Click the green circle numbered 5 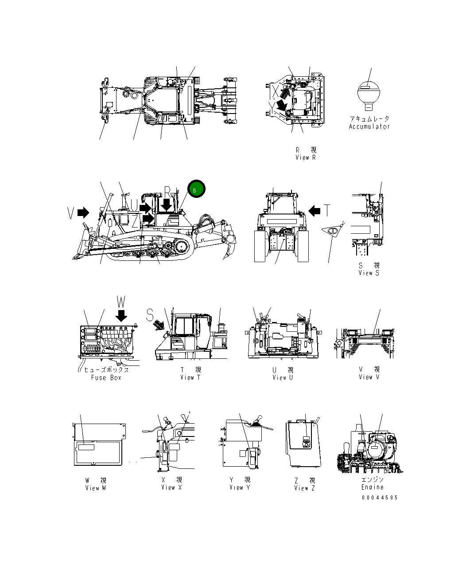click(196, 189)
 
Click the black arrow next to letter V click(83, 213)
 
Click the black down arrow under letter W click(121, 315)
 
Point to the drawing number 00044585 click(380, 498)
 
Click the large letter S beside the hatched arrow click(150, 314)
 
